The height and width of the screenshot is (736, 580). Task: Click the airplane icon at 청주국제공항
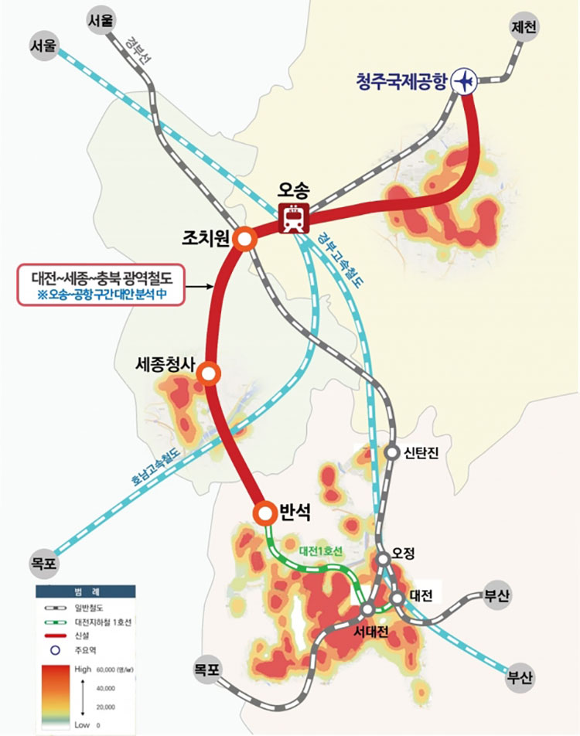point(466,81)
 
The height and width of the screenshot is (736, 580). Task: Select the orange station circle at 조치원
point(244,240)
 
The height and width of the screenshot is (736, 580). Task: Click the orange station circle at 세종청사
point(208,373)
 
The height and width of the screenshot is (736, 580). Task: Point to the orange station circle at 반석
point(265,512)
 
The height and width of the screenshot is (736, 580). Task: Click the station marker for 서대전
point(367,611)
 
